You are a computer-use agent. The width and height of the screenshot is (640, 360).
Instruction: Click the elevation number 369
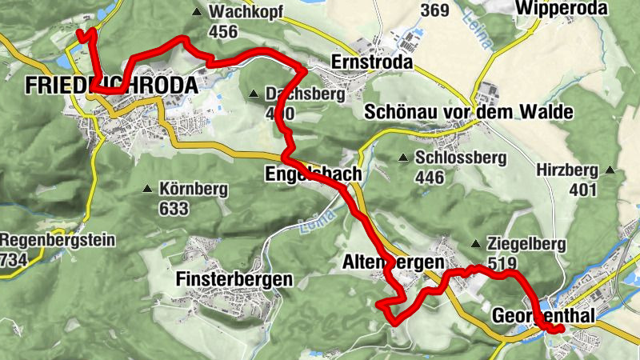(x=434, y=10)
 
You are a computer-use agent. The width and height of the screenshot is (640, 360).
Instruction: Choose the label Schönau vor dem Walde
(x=468, y=113)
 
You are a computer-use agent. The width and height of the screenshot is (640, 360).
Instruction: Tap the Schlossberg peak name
(x=460, y=158)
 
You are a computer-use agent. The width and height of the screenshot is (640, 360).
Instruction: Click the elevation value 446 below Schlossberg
(x=430, y=177)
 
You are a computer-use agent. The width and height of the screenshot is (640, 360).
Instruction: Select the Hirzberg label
(x=568, y=170)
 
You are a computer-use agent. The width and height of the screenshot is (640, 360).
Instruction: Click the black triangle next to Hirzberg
(x=611, y=170)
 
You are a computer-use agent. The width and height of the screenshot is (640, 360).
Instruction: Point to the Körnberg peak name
(x=194, y=190)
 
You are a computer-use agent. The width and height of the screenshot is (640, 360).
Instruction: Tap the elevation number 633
(x=174, y=209)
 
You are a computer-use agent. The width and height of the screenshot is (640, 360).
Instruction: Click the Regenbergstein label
(x=58, y=240)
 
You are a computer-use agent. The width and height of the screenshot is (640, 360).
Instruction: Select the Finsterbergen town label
(x=234, y=280)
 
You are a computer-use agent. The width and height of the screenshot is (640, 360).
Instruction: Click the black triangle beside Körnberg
(x=147, y=190)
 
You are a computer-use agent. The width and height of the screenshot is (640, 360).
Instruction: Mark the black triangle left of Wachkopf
(x=197, y=12)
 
